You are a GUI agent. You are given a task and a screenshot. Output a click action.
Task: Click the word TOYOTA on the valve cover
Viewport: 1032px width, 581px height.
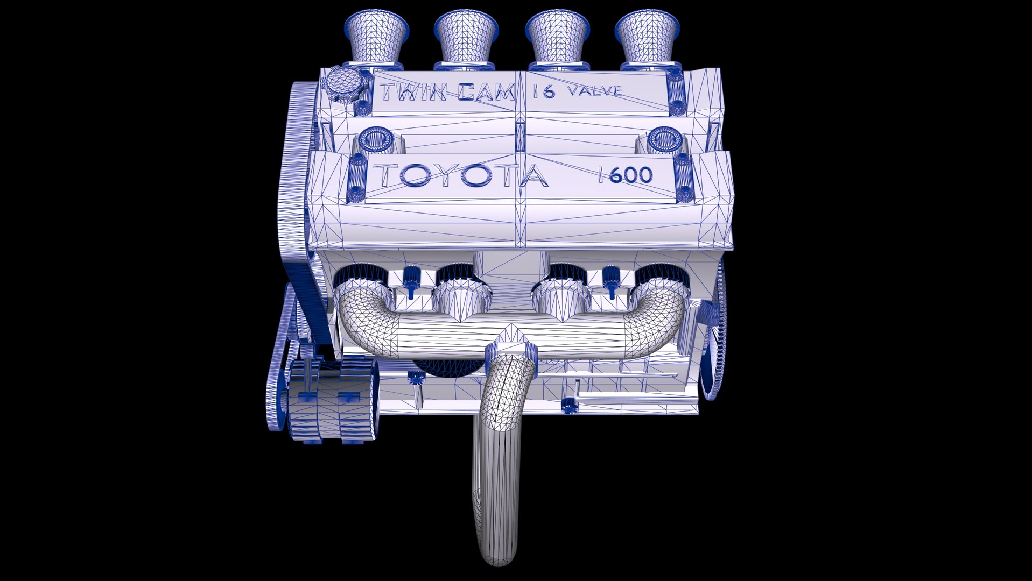(460, 176)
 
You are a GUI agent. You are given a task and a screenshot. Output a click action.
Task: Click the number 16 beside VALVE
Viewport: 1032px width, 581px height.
(544, 91)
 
